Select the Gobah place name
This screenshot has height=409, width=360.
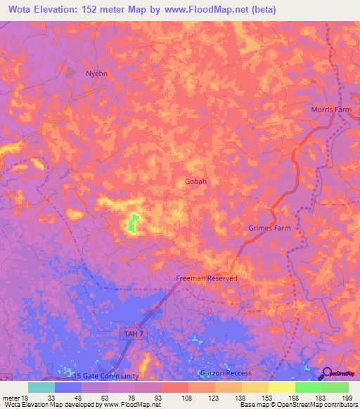click(196, 181)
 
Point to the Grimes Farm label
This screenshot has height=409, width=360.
click(269, 228)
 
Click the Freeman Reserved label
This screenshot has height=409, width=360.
click(207, 278)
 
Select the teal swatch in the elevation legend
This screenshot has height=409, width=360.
click(41, 387)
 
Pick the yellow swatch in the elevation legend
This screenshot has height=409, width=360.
click(282, 387)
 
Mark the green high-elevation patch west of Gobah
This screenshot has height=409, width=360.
click(131, 224)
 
